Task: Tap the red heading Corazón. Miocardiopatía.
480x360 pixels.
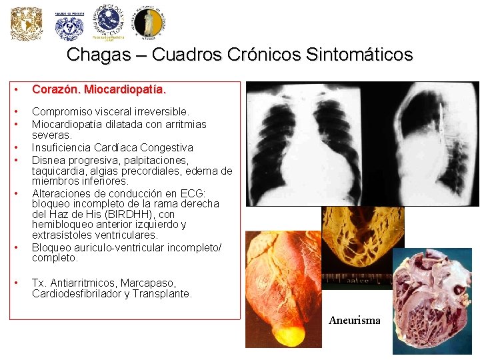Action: point(99,89)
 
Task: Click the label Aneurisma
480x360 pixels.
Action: point(355,321)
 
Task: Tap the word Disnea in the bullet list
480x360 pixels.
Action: point(47,160)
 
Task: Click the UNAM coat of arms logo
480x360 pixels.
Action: point(27,24)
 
